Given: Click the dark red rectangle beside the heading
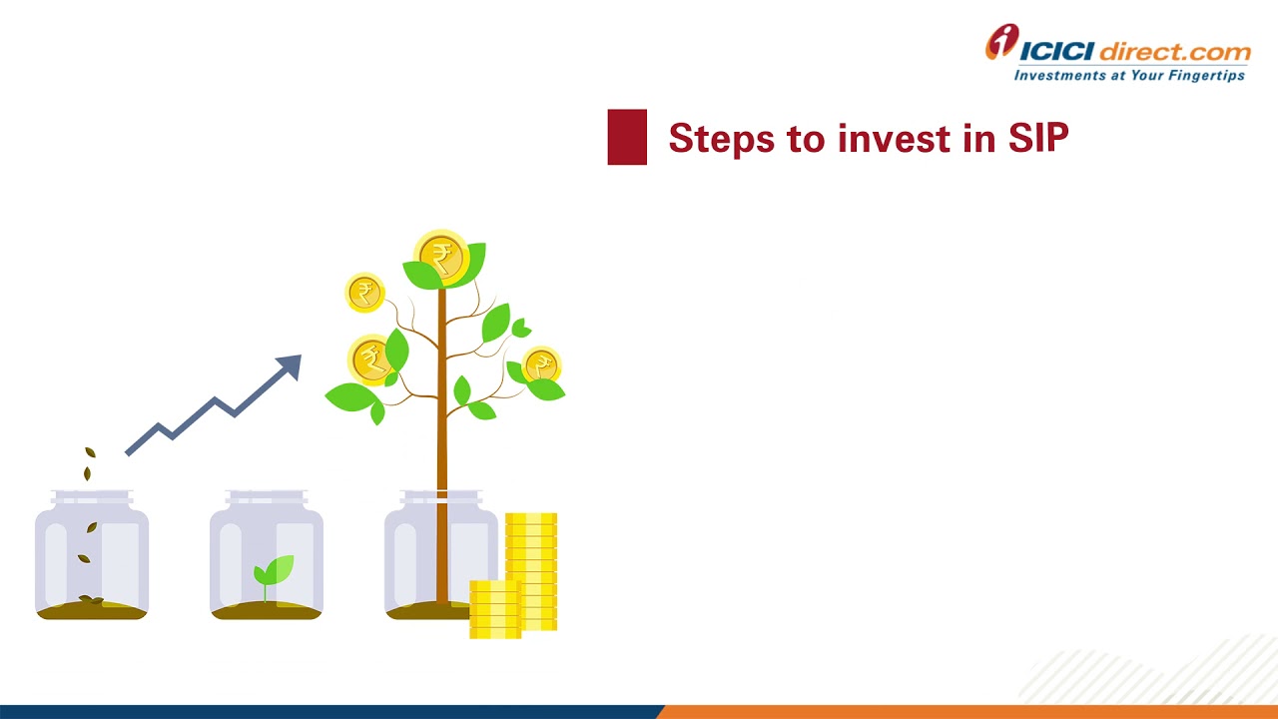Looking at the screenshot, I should [x=627, y=137].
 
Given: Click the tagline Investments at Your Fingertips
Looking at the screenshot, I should [x=1129, y=75].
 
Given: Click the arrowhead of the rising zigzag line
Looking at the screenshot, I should [x=290, y=366].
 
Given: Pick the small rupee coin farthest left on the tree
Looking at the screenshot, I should [x=364, y=293].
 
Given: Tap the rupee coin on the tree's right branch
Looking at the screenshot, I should [x=540, y=366].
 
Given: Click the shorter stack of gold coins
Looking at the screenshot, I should [x=495, y=608].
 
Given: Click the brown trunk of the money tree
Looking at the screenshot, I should [x=441, y=449].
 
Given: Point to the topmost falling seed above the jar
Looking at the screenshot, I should [x=90, y=453].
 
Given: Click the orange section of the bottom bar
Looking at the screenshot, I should [x=968, y=712].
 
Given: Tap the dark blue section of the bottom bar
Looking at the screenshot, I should [x=329, y=712].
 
